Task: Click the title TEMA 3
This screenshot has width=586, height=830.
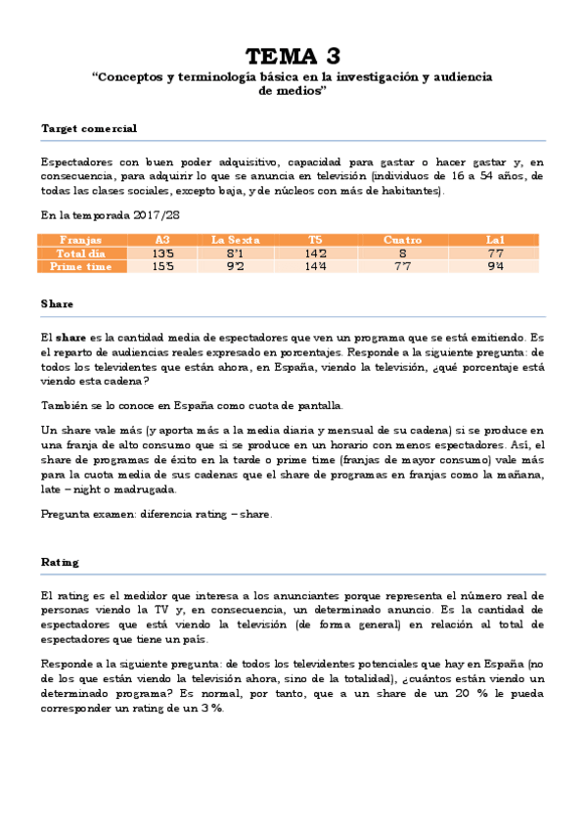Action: tap(293, 55)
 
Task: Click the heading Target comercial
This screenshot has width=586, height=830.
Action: tap(89, 128)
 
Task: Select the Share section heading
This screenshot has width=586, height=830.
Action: tap(57, 304)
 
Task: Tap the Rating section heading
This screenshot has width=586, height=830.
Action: tap(60, 563)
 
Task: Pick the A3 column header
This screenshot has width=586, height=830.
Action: tap(162, 240)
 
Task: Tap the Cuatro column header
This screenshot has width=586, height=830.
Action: tap(402, 240)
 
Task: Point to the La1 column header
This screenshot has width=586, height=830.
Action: tap(495, 240)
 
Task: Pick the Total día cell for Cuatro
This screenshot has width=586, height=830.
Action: tap(402, 253)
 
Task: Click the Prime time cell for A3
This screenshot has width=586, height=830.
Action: tap(162, 266)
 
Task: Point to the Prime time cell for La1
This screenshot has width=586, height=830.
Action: tap(495, 266)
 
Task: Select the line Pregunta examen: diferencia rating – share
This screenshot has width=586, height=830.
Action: tap(157, 514)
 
